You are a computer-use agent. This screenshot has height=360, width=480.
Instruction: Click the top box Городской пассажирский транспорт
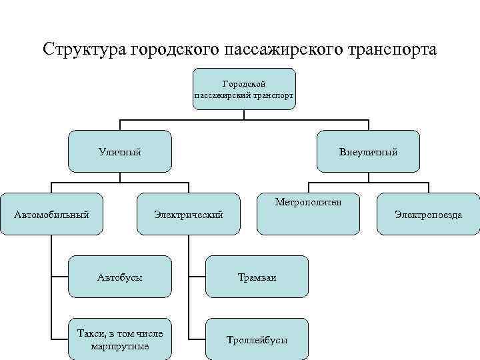pyautogui.click(x=244, y=89)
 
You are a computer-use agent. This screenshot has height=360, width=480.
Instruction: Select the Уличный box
pyautogui.click(x=120, y=152)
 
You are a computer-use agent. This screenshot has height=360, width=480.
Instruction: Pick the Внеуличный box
pyautogui.click(x=369, y=152)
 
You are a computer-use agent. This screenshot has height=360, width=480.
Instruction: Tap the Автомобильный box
pyautogui.click(x=52, y=214)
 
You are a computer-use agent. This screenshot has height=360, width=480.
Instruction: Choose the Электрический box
pyautogui.click(x=188, y=214)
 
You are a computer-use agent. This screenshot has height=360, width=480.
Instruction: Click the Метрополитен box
pyautogui.click(x=308, y=214)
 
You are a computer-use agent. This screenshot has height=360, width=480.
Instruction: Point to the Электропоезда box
pyautogui.click(x=428, y=214)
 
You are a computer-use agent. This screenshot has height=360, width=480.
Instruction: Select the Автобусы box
pyautogui.click(x=119, y=276)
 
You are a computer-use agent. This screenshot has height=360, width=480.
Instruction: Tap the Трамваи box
pyautogui.click(x=257, y=276)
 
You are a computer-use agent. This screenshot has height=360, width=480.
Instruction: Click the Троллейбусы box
pyautogui.click(x=257, y=339)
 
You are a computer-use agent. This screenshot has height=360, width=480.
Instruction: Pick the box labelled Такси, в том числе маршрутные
pyautogui.click(x=119, y=339)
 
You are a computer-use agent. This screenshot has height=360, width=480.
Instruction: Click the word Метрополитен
pyautogui.click(x=308, y=201)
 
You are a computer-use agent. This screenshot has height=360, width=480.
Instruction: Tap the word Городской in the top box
pyautogui.click(x=244, y=84)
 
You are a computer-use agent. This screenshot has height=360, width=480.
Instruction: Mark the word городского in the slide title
pyautogui.click(x=174, y=50)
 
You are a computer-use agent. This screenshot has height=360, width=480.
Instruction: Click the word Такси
pyautogui.click(x=90, y=333)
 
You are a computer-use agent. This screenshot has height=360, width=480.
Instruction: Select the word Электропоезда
pyautogui.click(x=428, y=215)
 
